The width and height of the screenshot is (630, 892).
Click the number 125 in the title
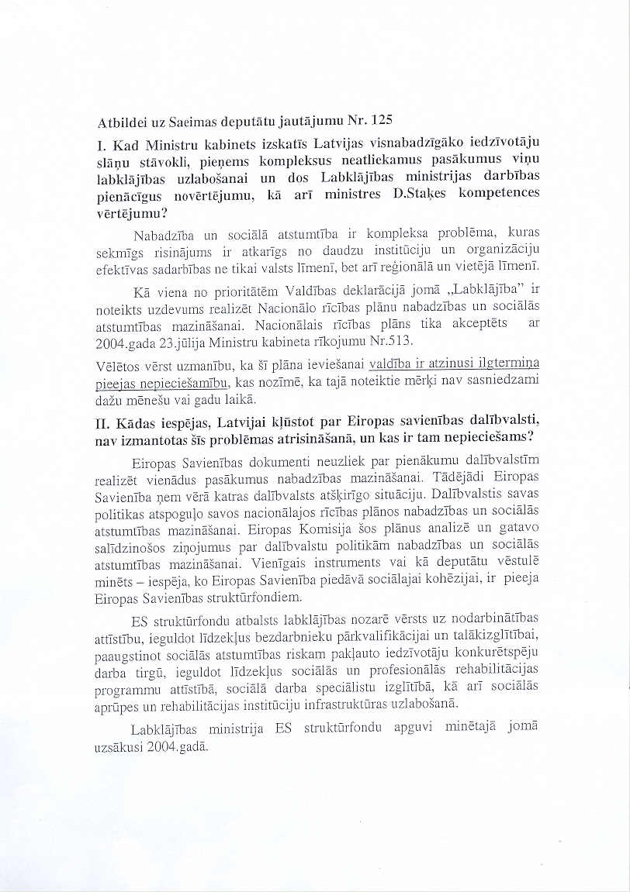tap(382, 121)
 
